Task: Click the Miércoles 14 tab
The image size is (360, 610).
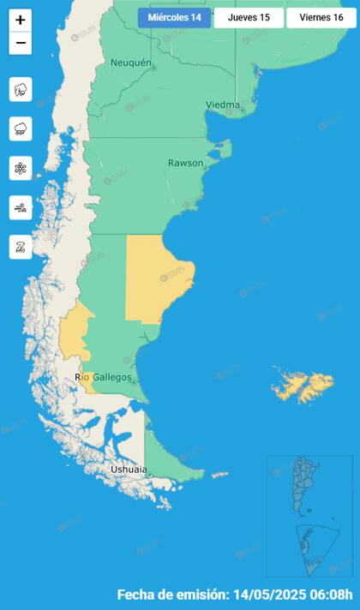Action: point(174,18)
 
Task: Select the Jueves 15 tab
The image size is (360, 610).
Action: point(249,18)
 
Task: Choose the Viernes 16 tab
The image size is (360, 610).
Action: point(321,18)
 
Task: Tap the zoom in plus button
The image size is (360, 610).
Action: point(21,20)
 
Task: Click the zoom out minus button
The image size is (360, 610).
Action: point(21,44)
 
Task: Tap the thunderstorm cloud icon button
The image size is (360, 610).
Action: point(21,89)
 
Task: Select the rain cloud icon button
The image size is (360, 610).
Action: point(21,129)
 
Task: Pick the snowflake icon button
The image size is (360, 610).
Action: point(21,168)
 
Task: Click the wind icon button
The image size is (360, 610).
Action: point(21,207)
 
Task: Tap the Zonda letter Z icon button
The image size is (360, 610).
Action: point(21,247)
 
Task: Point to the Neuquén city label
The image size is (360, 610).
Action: point(130,63)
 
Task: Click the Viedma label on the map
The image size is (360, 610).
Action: point(222,105)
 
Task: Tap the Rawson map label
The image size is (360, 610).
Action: point(186,162)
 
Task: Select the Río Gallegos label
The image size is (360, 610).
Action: point(104,377)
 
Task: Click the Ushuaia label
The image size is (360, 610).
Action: point(128,469)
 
